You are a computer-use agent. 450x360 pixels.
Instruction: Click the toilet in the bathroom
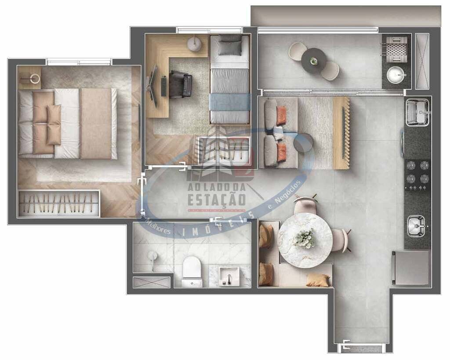pyautogui.click(x=192, y=269)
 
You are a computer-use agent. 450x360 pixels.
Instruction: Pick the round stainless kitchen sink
pyautogui.click(x=416, y=226)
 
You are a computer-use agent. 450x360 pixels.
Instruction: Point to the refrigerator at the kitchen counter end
pyautogui.click(x=411, y=267)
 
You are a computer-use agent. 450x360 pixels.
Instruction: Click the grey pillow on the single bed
pyautogui.click(x=230, y=46)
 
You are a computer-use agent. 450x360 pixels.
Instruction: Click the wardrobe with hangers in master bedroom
pyautogui.click(x=59, y=204)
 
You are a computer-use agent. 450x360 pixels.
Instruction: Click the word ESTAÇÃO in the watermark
pyautogui.click(x=217, y=199)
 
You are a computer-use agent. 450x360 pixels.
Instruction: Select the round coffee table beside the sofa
pyautogui.click(x=303, y=142)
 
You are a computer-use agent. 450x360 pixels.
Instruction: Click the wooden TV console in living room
pyautogui.click(x=341, y=133)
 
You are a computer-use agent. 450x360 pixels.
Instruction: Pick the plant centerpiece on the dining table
pyautogui.click(x=305, y=238)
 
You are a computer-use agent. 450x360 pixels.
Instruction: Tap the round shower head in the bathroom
pyautogui.click(x=152, y=255)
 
